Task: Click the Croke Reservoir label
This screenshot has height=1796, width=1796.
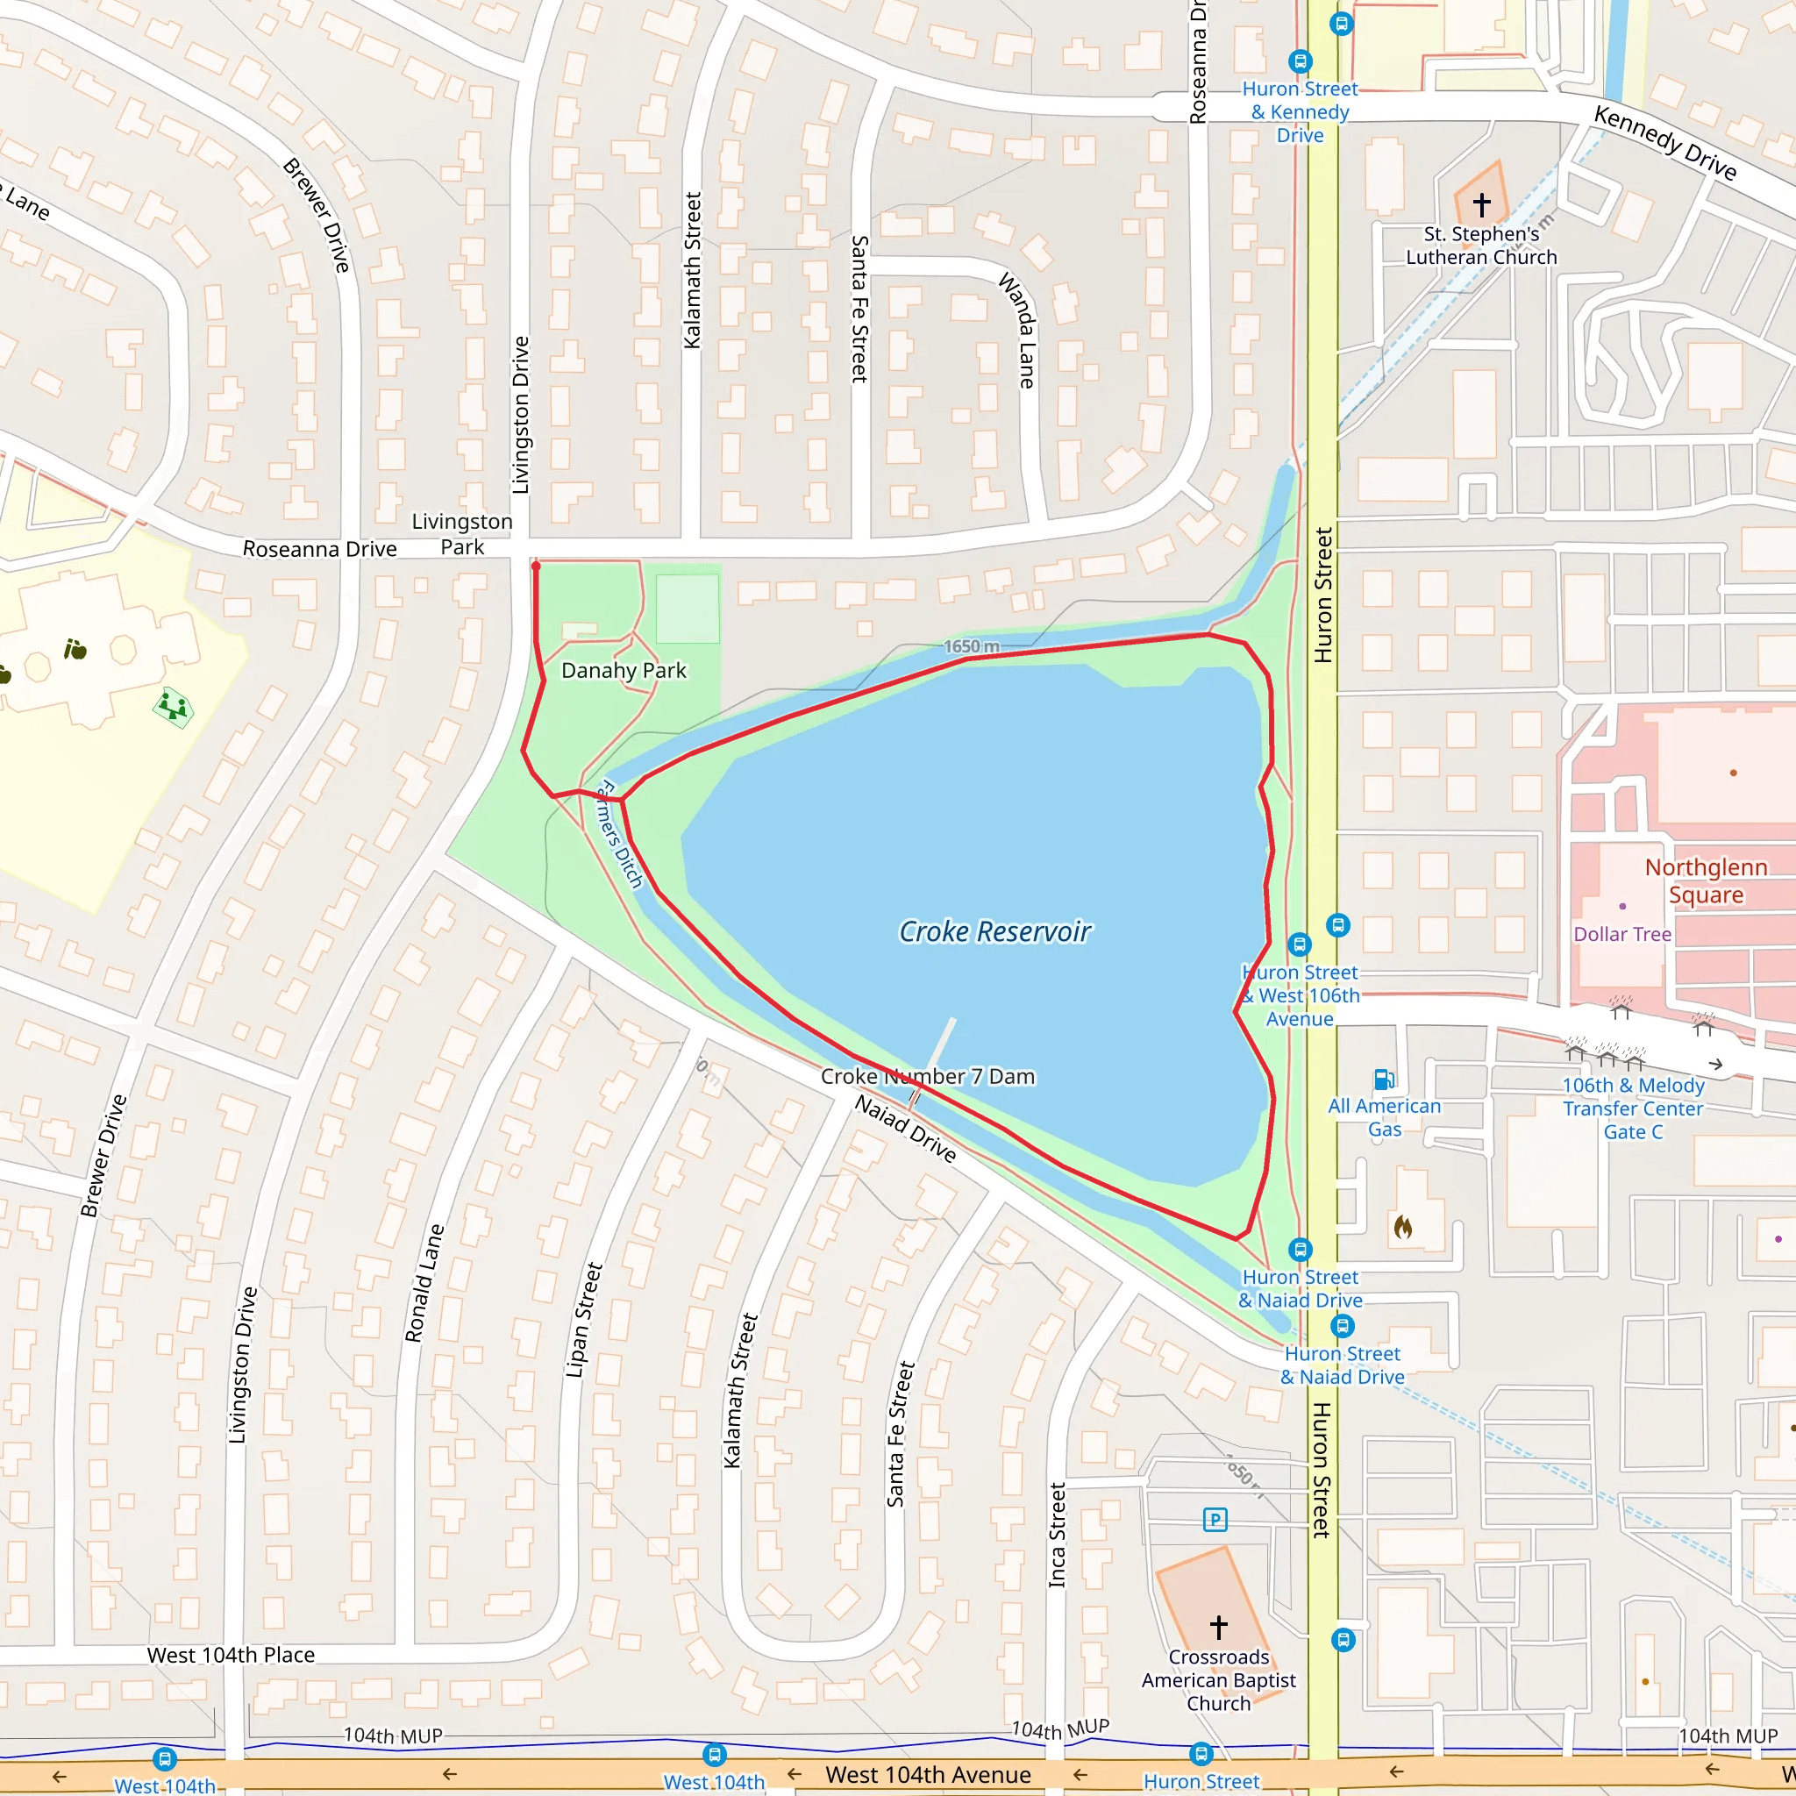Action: coord(994,931)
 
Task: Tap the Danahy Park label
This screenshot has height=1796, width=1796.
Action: coord(623,670)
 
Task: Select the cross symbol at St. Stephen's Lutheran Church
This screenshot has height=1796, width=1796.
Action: coord(1481,203)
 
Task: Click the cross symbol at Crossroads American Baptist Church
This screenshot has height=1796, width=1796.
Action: coord(1218,1627)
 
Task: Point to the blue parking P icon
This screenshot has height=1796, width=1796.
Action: coord(1215,1520)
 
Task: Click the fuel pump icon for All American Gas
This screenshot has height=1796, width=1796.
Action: coord(1383,1079)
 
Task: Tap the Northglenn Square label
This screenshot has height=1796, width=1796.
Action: coord(1705,880)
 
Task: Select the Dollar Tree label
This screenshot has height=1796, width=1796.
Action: coord(1621,934)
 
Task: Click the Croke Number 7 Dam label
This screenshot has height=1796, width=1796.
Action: coord(927,1077)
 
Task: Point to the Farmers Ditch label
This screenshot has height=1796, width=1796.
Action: coord(619,834)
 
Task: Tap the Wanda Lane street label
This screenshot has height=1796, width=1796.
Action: coord(1019,330)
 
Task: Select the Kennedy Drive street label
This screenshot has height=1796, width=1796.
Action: coord(1664,142)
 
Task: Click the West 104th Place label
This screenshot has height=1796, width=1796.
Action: coord(231,1655)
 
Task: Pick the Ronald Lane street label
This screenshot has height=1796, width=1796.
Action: coord(424,1283)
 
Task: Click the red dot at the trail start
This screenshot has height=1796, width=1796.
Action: coord(536,566)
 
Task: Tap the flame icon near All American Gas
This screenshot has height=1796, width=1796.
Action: coord(1403,1227)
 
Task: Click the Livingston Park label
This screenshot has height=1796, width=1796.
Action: coord(462,533)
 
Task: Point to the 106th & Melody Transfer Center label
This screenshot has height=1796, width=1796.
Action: coord(1632,1108)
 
